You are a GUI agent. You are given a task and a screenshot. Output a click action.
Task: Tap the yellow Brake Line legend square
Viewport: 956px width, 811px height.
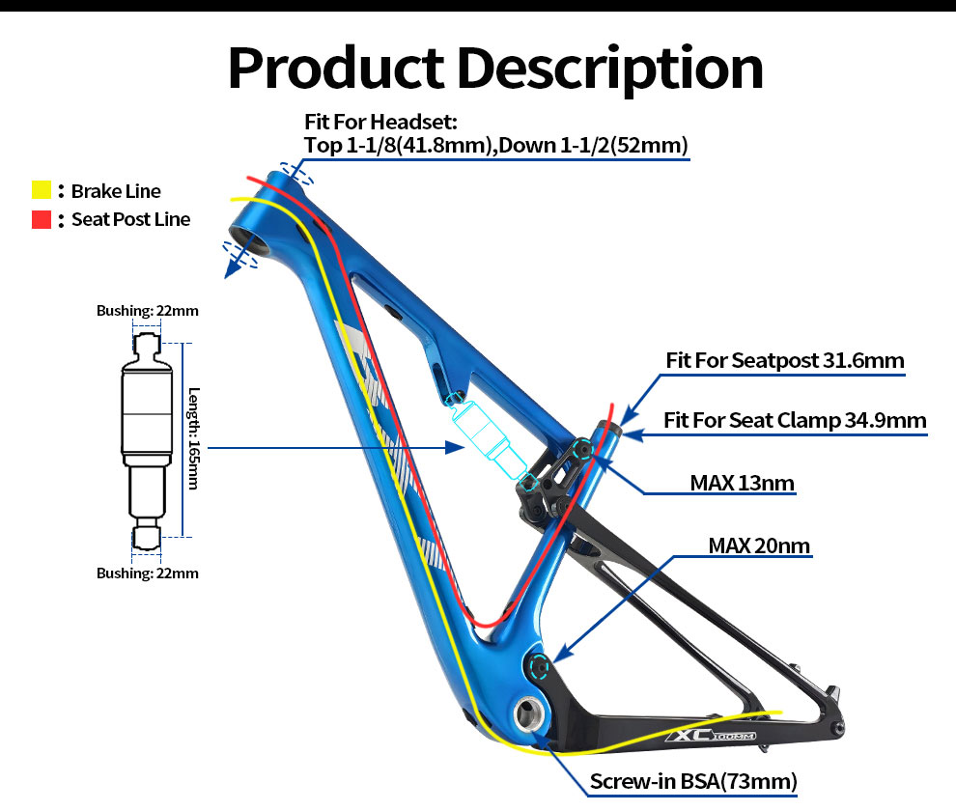tap(42, 190)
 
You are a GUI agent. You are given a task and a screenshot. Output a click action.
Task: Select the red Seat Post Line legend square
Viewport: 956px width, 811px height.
tap(42, 219)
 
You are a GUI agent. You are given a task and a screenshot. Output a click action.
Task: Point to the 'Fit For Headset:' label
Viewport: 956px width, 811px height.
tap(380, 123)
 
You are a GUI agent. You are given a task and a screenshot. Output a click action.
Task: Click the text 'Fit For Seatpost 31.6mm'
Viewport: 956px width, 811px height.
tap(784, 361)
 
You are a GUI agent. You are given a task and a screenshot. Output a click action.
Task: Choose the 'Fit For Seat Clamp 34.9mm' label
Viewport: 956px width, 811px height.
tap(795, 421)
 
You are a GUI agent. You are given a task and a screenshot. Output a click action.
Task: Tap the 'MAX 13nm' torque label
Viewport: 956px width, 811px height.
tap(743, 482)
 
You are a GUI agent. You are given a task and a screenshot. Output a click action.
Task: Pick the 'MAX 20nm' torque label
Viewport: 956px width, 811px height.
tap(759, 545)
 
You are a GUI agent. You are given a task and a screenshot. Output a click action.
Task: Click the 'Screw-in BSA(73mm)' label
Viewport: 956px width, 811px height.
tap(693, 781)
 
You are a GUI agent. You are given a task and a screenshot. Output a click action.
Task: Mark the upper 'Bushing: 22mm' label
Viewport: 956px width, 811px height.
tap(147, 310)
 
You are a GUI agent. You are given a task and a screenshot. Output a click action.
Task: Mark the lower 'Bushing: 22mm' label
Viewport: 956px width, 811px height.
tap(147, 573)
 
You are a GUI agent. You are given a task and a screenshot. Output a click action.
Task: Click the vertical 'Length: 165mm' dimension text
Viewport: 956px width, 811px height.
tap(193, 438)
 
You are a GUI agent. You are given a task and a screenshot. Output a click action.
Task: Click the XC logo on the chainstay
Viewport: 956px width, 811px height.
tap(712, 736)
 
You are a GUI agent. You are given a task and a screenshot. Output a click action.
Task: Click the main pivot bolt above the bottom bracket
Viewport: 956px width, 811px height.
tap(539, 664)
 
